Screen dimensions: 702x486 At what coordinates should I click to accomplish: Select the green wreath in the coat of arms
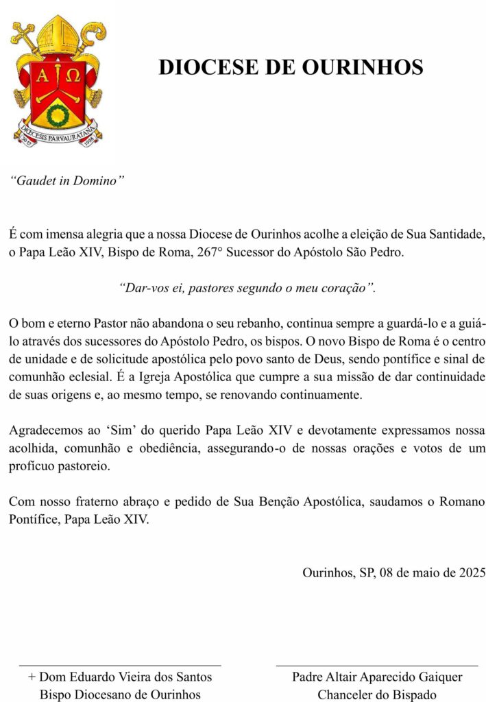[x=57, y=112]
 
